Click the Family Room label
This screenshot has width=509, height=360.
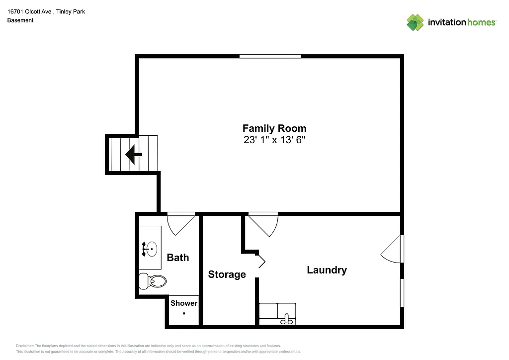click(x=274, y=128)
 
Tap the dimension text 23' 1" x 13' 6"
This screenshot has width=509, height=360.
click(x=274, y=140)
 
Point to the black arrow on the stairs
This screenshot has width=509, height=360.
click(x=133, y=155)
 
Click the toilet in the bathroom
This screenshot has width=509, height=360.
click(x=154, y=281)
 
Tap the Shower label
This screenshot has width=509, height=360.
click(x=184, y=303)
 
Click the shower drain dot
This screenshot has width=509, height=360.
click(x=184, y=313)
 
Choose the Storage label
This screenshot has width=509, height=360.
click(x=227, y=274)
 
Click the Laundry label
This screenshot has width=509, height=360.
click(x=327, y=270)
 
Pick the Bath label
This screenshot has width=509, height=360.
click(x=177, y=258)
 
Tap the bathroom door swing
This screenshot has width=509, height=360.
click(x=181, y=223)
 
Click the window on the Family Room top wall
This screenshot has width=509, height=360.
click(x=270, y=57)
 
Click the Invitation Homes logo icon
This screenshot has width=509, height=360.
click(x=415, y=22)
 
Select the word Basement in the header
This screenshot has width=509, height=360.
click(x=20, y=20)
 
